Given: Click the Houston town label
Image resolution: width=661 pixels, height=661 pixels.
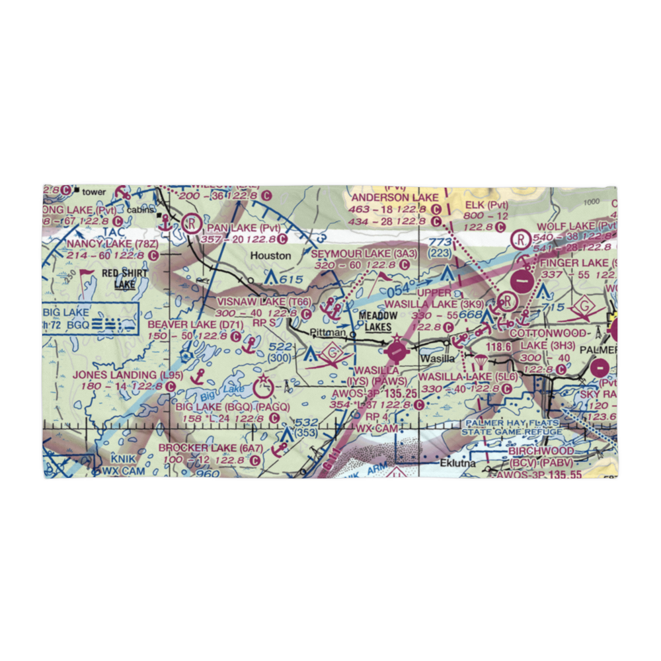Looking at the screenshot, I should click(x=270, y=255).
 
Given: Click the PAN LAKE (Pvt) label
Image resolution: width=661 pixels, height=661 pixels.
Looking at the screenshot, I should click(x=239, y=228).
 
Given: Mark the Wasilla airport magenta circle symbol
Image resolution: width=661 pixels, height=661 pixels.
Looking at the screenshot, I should click(x=397, y=348).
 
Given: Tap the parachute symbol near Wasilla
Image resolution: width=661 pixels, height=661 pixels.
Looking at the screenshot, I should click(x=481, y=362).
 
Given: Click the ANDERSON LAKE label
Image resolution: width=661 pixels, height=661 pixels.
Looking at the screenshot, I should click(x=395, y=198).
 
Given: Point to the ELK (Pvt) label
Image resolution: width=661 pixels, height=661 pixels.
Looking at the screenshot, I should click(x=486, y=205).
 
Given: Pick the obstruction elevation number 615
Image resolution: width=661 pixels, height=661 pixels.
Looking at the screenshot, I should click(x=291, y=280).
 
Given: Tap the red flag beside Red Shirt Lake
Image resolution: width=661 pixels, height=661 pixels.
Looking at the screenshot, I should click(x=85, y=272).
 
